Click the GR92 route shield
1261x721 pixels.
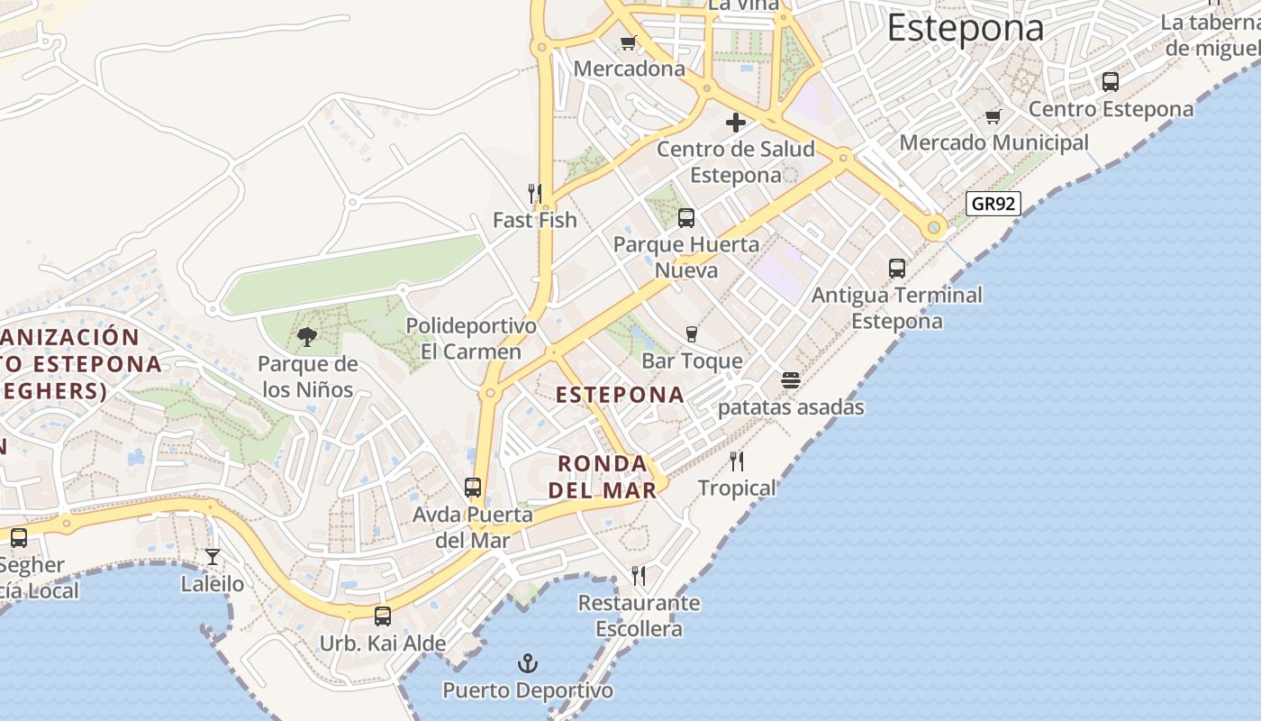993,204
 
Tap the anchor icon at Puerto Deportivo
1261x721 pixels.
527,665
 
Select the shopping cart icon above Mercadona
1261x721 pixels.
629,42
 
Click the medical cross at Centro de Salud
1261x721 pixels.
736,123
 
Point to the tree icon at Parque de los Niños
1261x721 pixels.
307,338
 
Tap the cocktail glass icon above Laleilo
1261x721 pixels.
213,557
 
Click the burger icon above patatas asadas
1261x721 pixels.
791,380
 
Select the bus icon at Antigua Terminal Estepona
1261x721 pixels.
896,269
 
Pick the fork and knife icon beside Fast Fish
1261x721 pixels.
535,193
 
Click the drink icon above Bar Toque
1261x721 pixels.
692,334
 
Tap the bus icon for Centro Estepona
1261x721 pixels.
1111,82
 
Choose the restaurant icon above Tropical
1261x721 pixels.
737,461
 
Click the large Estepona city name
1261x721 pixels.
965,27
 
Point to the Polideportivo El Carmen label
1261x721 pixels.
471,338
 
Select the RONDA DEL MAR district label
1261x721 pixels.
603,477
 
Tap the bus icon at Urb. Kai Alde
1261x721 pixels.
383,616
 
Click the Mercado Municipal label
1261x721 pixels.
993,142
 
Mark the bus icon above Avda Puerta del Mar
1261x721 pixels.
473,488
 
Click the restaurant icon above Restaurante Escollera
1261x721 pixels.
639,575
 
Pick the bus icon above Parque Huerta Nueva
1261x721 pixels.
686,217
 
